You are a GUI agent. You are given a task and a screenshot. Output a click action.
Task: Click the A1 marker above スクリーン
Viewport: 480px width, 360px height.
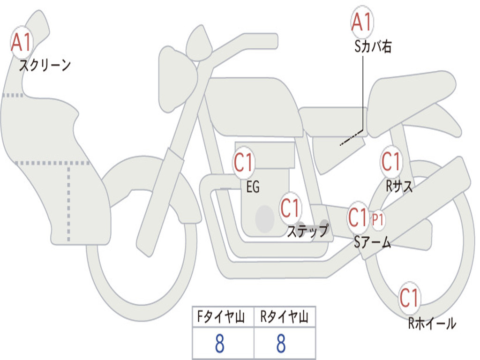[22, 42]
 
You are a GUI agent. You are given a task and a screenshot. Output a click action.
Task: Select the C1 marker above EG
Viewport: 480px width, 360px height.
[244, 162]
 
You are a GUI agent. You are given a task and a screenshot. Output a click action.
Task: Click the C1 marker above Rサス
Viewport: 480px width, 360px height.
[391, 161]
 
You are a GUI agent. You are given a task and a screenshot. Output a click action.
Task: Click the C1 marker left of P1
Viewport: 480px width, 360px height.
[358, 217]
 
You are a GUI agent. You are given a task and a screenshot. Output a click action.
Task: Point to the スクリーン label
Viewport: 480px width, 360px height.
[45, 65]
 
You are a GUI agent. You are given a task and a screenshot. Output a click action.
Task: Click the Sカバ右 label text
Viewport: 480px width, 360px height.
[373, 46]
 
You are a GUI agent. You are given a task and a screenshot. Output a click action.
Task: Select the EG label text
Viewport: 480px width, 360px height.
[253, 187]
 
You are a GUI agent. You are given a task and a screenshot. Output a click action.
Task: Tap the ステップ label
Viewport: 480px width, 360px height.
[308, 230]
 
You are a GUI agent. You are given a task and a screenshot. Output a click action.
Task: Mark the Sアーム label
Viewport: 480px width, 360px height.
[373, 242]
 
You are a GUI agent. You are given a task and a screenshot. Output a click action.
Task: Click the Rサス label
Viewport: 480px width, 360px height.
[399, 186]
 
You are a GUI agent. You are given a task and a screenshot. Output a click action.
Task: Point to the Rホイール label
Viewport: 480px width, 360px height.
[432, 323]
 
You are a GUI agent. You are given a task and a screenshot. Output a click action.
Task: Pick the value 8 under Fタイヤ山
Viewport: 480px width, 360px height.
[220, 343]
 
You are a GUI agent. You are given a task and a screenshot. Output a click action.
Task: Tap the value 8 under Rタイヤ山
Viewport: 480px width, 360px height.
[281, 343]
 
